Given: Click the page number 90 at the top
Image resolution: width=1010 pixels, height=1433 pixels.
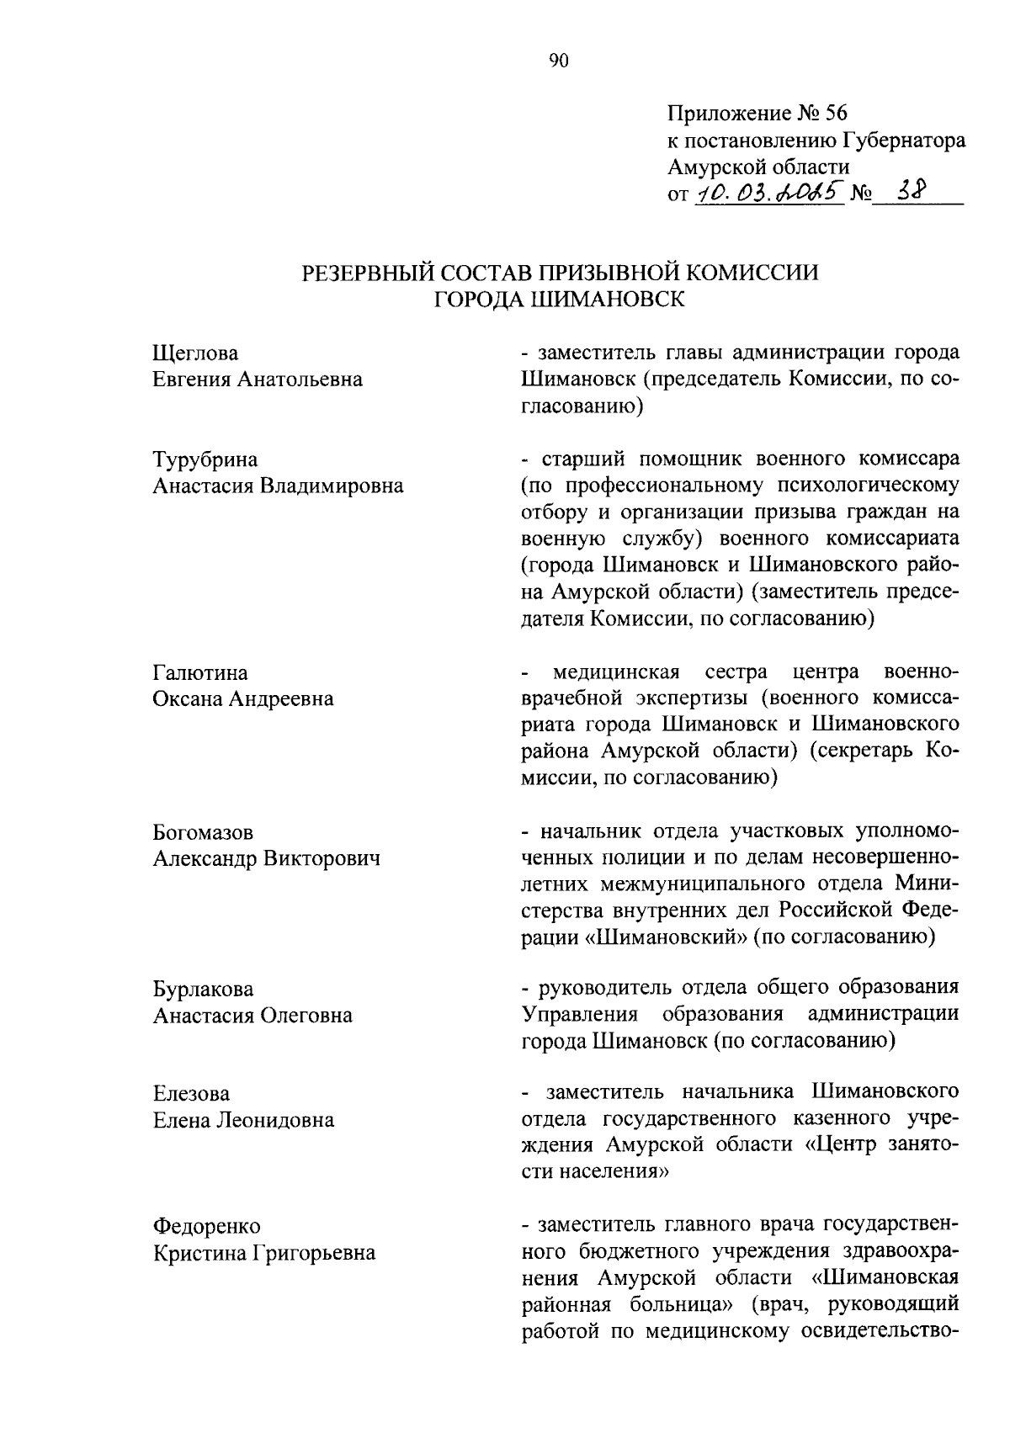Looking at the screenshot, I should (x=559, y=60).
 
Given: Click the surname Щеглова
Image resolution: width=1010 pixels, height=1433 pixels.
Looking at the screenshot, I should (x=195, y=353).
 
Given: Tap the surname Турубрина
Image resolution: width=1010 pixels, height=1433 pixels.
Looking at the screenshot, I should (x=205, y=459).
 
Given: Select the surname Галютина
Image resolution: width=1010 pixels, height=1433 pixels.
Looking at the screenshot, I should (x=200, y=673).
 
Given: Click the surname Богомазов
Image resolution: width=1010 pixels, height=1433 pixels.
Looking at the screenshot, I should (x=203, y=833).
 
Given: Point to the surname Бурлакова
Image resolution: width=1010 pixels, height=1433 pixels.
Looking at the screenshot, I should (x=203, y=990).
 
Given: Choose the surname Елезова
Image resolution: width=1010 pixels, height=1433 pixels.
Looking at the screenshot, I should (x=191, y=1094).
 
